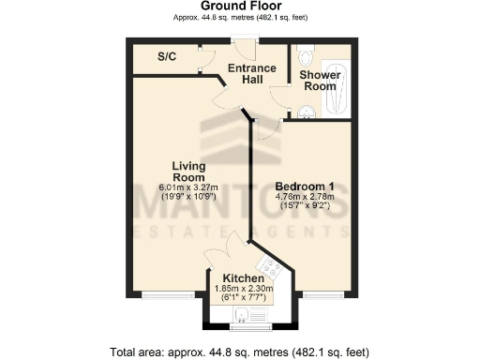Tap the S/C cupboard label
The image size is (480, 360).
(x=167, y=57)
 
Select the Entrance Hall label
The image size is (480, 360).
(x=251, y=74)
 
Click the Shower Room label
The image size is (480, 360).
(x=318, y=81)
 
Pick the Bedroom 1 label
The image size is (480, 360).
(x=306, y=185)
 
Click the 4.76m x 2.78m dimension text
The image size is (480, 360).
(x=306, y=198)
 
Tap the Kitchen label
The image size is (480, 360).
(x=243, y=278)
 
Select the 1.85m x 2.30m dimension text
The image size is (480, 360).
(x=243, y=289)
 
